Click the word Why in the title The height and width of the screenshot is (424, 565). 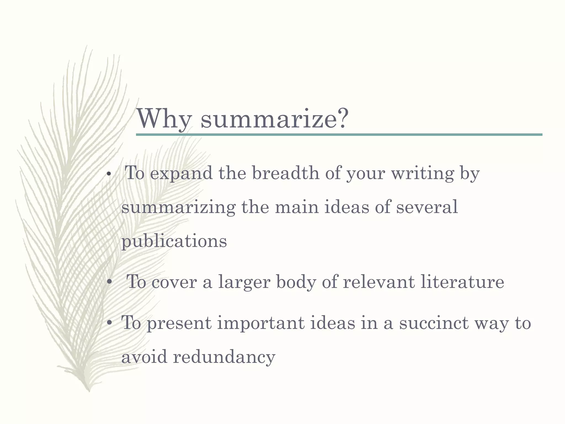pos(164,119)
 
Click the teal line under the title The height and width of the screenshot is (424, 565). pos(339,135)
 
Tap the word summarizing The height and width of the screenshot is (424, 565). pos(178,208)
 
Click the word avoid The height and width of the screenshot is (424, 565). pos(144,357)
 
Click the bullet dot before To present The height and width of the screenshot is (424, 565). pos(110,323)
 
